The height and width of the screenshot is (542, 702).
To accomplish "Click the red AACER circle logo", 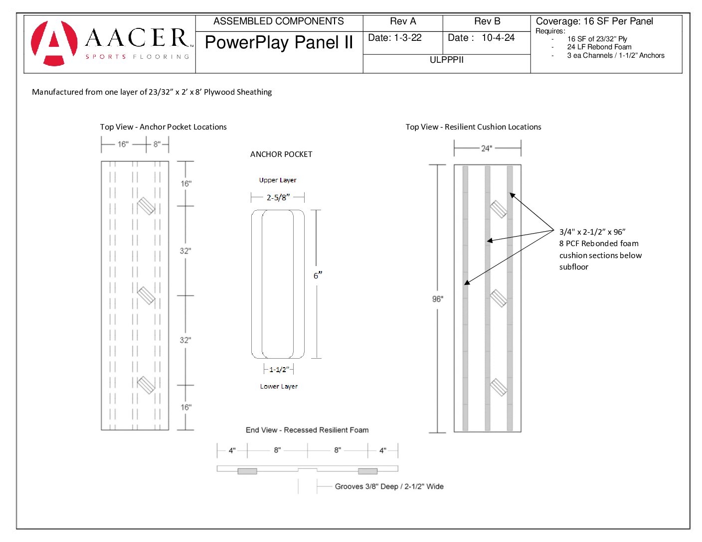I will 54,43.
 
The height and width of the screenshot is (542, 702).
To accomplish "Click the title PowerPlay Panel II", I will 279,43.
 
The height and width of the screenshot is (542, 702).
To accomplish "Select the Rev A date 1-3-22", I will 395,38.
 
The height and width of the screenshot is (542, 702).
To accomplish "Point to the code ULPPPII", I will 446,60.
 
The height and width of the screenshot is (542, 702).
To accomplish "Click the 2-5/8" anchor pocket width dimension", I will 278,198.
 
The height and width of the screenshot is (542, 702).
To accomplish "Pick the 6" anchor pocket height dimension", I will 318,275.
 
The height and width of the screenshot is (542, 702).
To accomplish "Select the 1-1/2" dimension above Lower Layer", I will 278,370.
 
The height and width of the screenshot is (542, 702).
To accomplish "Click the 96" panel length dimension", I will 437,299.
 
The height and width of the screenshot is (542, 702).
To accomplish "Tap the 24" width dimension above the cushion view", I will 486,148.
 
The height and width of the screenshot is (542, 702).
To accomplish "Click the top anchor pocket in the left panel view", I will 146,206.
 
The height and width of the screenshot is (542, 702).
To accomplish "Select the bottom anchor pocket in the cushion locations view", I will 498,387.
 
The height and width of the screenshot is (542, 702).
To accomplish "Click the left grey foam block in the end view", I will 247,471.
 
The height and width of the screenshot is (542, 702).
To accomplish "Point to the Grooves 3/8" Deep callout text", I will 389,487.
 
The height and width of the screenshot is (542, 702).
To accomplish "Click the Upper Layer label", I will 278,180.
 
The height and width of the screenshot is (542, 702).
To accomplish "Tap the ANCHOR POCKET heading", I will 281,154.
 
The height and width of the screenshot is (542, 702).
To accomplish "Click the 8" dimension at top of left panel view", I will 157,144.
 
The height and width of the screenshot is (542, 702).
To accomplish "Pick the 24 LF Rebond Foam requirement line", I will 599,47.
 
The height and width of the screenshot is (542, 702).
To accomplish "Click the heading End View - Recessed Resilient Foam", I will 307,430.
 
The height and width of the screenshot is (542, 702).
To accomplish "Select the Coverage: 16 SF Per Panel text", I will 594,21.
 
